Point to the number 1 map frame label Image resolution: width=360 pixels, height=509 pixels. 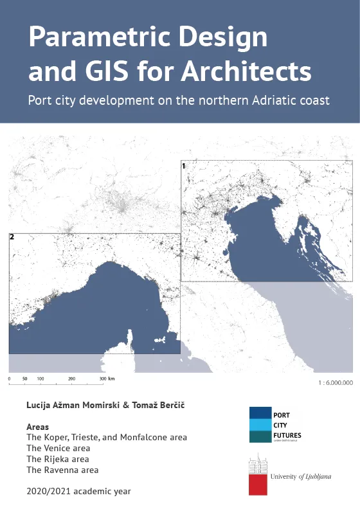click(184, 166)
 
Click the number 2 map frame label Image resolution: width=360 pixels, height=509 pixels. click(12, 237)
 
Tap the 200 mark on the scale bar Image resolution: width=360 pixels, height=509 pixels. click(71, 379)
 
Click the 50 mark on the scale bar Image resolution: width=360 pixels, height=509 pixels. click(24, 379)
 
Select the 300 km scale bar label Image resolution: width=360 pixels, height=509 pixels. click(107, 379)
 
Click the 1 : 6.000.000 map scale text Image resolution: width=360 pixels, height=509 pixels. click(336, 382)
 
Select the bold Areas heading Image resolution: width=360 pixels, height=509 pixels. click(38, 427)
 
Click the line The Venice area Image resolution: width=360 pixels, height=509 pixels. click(58, 448)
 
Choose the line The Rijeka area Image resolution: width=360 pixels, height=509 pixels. click(57, 459)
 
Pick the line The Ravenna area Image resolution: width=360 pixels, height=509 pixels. click(62, 470)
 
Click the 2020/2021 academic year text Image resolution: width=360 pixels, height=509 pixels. click(78, 491)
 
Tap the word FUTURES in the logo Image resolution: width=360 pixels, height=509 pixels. click(288, 435)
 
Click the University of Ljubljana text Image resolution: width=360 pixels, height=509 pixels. click(301, 476)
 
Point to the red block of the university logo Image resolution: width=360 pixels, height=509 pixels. click(258, 485)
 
